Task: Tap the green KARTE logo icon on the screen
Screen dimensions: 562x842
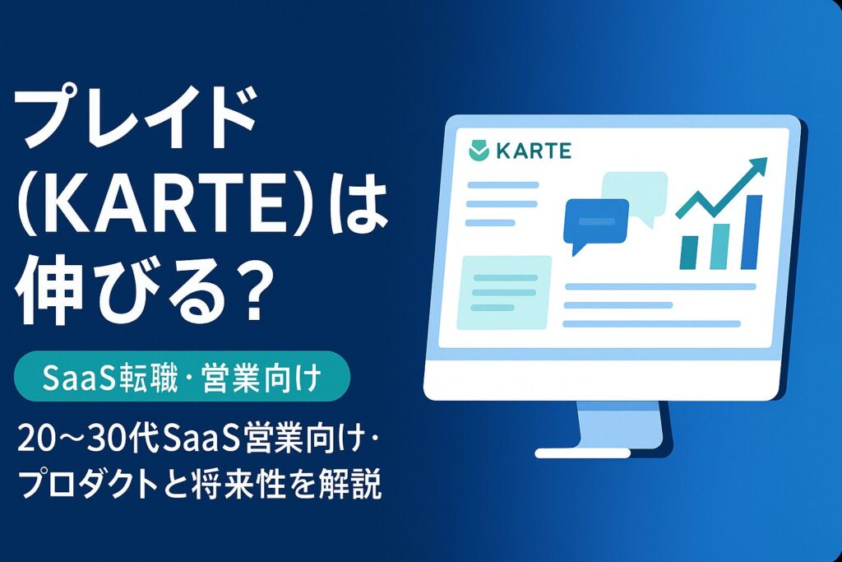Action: (x=477, y=151)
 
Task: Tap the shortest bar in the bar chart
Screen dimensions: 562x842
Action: (x=690, y=251)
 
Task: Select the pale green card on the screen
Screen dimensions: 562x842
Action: (x=504, y=290)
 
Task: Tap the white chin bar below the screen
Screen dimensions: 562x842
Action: (x=608, y=379)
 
